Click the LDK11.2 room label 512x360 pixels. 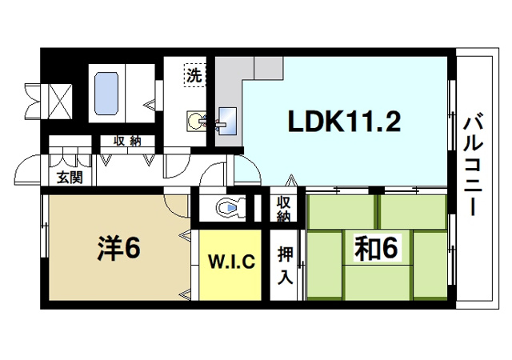pos(344,122)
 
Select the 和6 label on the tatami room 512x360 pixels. pos(375,249)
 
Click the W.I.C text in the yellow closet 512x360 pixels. pos(231,262)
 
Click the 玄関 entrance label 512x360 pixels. pos(69,178)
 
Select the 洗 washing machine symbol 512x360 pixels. pos(194,76)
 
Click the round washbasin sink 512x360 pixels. pos(195,121)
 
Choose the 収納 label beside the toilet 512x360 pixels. pos(284,209)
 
